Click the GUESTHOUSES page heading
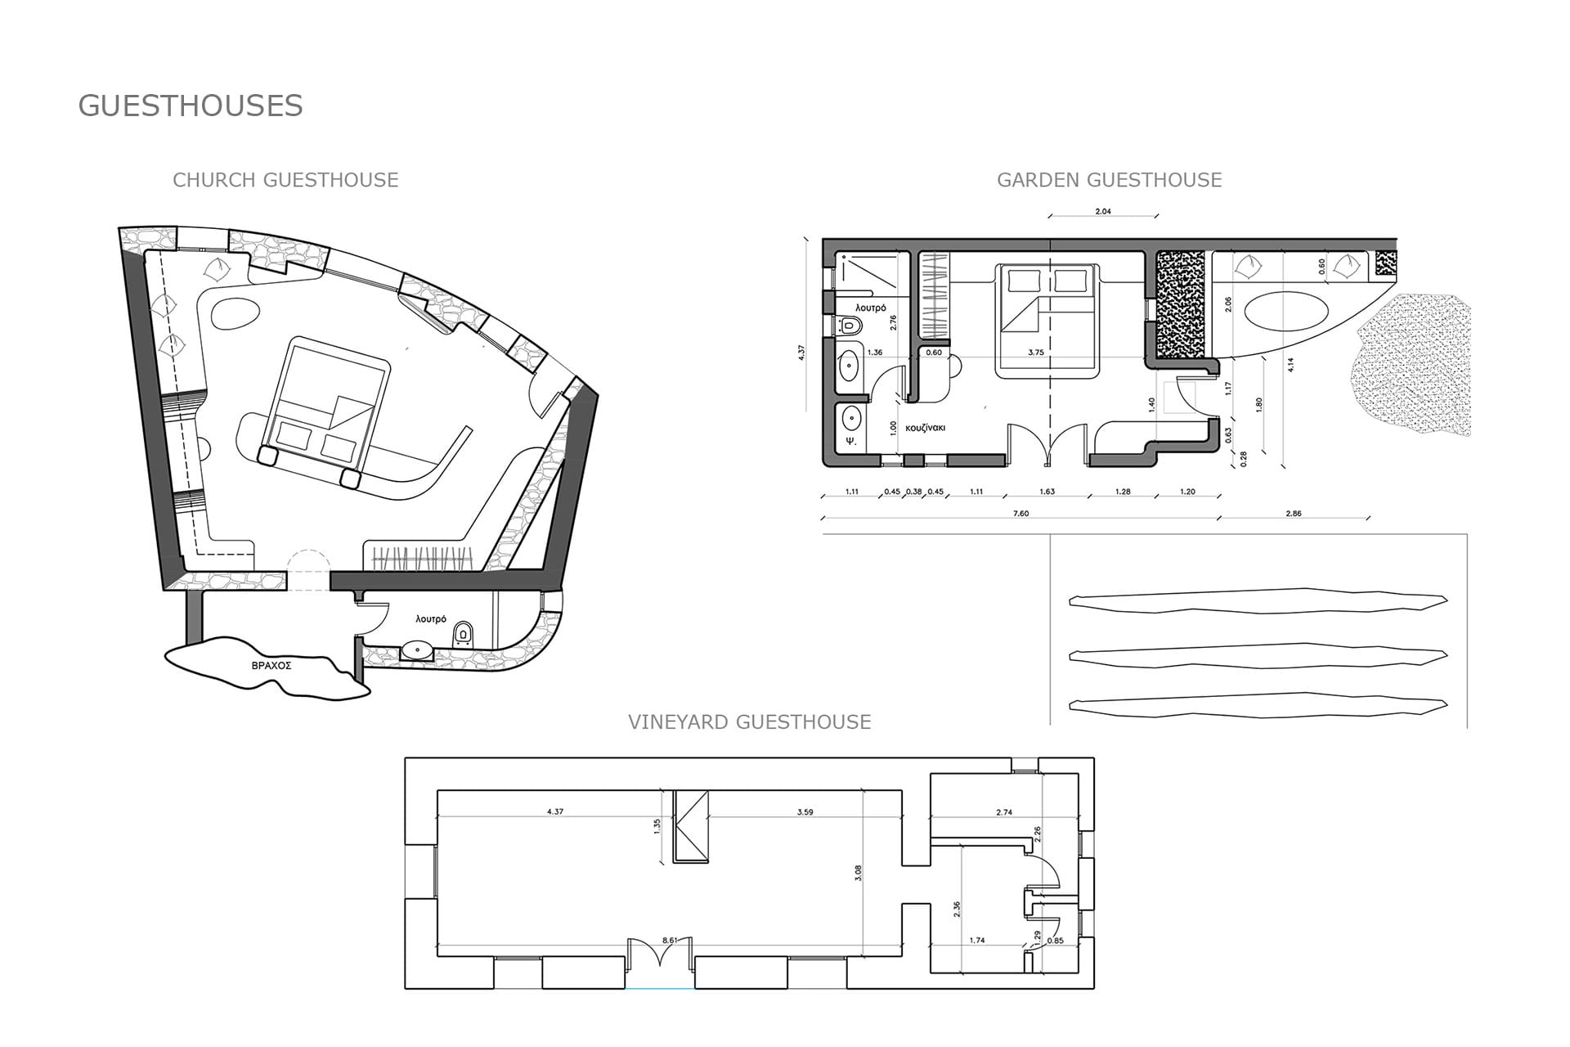coord(191,106)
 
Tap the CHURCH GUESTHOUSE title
coord(285,180)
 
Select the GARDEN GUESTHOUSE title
coord(1110,180)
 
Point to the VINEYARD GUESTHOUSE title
coord(750,722)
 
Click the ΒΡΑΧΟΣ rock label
coord(271,666)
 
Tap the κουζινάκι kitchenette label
coord(926,428)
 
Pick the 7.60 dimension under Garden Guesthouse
coord(1020,514)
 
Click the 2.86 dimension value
coord(1293,514)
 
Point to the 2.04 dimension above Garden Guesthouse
coord(1103,212)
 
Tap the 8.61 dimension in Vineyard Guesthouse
coord(670,941)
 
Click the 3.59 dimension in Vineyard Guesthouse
coord(805,812)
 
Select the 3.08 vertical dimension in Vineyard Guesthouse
coord(858,874)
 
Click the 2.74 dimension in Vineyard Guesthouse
coord(1004,812)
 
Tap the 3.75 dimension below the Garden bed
coord(1035,353)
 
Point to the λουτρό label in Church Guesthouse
coord(431,619)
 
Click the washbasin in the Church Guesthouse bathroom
coord(418,651)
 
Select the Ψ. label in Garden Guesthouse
coord(850,441)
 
